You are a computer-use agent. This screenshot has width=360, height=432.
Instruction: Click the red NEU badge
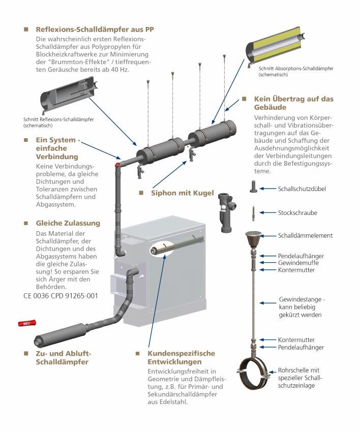click(27, 323)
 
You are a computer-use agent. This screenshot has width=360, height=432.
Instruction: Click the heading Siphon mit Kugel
click(182, 193)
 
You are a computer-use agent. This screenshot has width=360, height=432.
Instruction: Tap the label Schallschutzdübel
click(302, 189)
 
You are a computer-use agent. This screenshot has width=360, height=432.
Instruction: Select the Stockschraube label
click(297, 212)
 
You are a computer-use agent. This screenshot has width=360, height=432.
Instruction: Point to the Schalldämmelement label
click(305, 235)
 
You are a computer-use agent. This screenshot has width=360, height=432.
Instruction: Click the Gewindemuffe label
click(298, 263)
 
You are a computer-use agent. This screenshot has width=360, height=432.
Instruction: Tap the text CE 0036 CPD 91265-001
click(61, 296)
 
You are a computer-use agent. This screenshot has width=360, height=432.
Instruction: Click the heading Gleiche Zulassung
click(68, 223)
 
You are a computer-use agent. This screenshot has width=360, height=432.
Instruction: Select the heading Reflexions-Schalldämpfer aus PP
click(95, 29)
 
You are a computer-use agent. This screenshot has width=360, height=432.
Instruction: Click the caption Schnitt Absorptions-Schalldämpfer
click(296, 68)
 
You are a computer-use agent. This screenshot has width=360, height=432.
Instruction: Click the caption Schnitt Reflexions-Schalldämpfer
click(58, 119)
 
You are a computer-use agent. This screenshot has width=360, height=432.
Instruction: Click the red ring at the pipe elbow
click(117, 165)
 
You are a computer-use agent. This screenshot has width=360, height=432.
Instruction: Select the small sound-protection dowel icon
click(254, 187)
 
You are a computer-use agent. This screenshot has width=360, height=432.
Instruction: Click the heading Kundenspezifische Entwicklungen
click(182, 358)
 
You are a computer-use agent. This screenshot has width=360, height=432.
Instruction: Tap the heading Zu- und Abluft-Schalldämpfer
click(64, 358)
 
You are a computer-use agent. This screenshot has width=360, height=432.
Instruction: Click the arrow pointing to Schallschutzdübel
click(267, 189)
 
